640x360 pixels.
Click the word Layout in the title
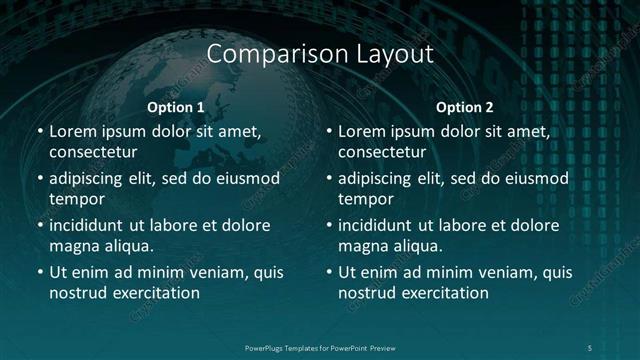(394, 53)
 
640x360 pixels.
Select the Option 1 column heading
(176, 107)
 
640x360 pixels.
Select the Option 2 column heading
(465, 107)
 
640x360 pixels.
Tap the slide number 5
(590, 347)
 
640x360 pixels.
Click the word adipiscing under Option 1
(88, 178)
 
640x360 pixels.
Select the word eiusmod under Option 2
(535, 178)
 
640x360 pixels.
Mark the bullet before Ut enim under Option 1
(39, 272)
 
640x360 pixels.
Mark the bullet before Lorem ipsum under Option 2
(328, 131)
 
